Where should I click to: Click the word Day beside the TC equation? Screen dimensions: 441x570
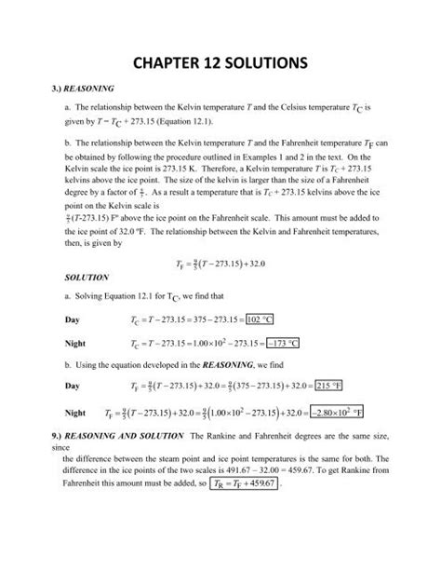[x=73, y=318]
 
